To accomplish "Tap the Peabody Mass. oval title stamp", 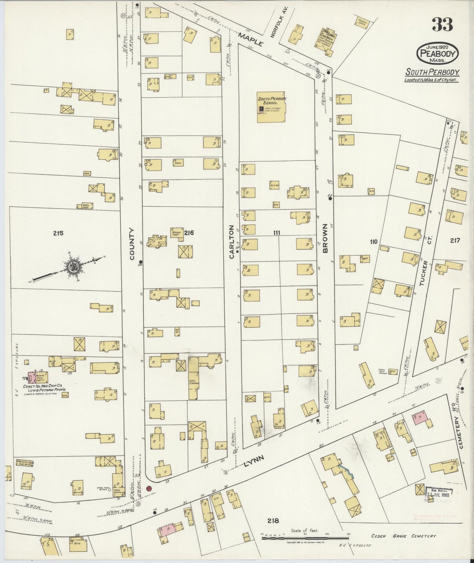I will click(x=438, y=54).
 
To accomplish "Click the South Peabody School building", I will click(x=271, y=107).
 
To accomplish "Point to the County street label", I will click(x=132, y=244).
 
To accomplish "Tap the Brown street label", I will click(x=325, y=238).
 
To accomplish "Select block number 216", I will click(x=189, y=233).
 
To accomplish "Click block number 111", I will click(x=277, y=233).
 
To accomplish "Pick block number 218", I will click(x=273, y=520).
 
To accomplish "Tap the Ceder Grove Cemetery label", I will click(x=403, y=536).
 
